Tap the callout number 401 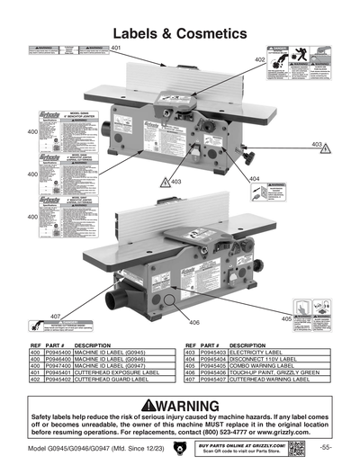115,47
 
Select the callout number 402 259,59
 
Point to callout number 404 254,179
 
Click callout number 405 286,318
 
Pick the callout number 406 193,322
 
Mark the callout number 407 54,316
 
